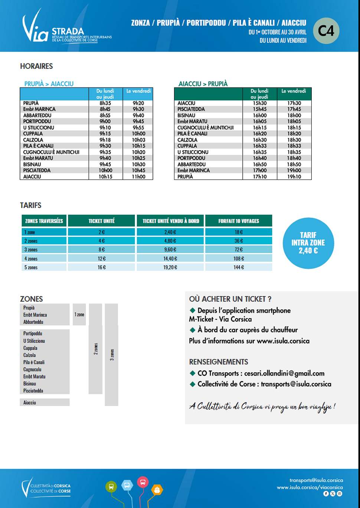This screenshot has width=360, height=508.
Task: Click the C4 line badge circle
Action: tap(326, 31)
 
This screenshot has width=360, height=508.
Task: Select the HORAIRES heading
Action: tap(36, 66)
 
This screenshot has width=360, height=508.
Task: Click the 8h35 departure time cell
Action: tap(105, 103)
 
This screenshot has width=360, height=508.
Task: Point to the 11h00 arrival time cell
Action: tap(138, 177)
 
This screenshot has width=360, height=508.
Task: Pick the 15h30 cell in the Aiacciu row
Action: tap(259, 103)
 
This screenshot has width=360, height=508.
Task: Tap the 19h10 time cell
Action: tap(294, 177)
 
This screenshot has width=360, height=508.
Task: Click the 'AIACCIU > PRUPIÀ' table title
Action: tap(203, 84)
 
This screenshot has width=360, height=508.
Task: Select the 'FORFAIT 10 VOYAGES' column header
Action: tap(239, 221)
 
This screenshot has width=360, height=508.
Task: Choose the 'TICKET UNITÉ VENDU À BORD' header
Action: tap(171, 221)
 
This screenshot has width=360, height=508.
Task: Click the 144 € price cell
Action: tap(239, 267)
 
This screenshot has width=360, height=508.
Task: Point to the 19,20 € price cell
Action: tap(170, 267)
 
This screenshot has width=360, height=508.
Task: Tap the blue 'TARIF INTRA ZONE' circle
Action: tap(308, 243)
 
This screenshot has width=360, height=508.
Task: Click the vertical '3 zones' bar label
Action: tap(112, 354)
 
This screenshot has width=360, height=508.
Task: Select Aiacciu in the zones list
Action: tap(30, 402)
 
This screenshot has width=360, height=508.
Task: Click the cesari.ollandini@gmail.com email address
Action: tap(284, 373)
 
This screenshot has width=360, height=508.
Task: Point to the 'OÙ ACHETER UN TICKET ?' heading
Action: tap(230, 299)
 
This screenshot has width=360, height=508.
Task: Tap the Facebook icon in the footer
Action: tap(326, 494)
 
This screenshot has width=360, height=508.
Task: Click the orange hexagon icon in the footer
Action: tap(157, 490)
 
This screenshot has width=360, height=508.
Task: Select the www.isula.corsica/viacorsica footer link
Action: tap(310, 487)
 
